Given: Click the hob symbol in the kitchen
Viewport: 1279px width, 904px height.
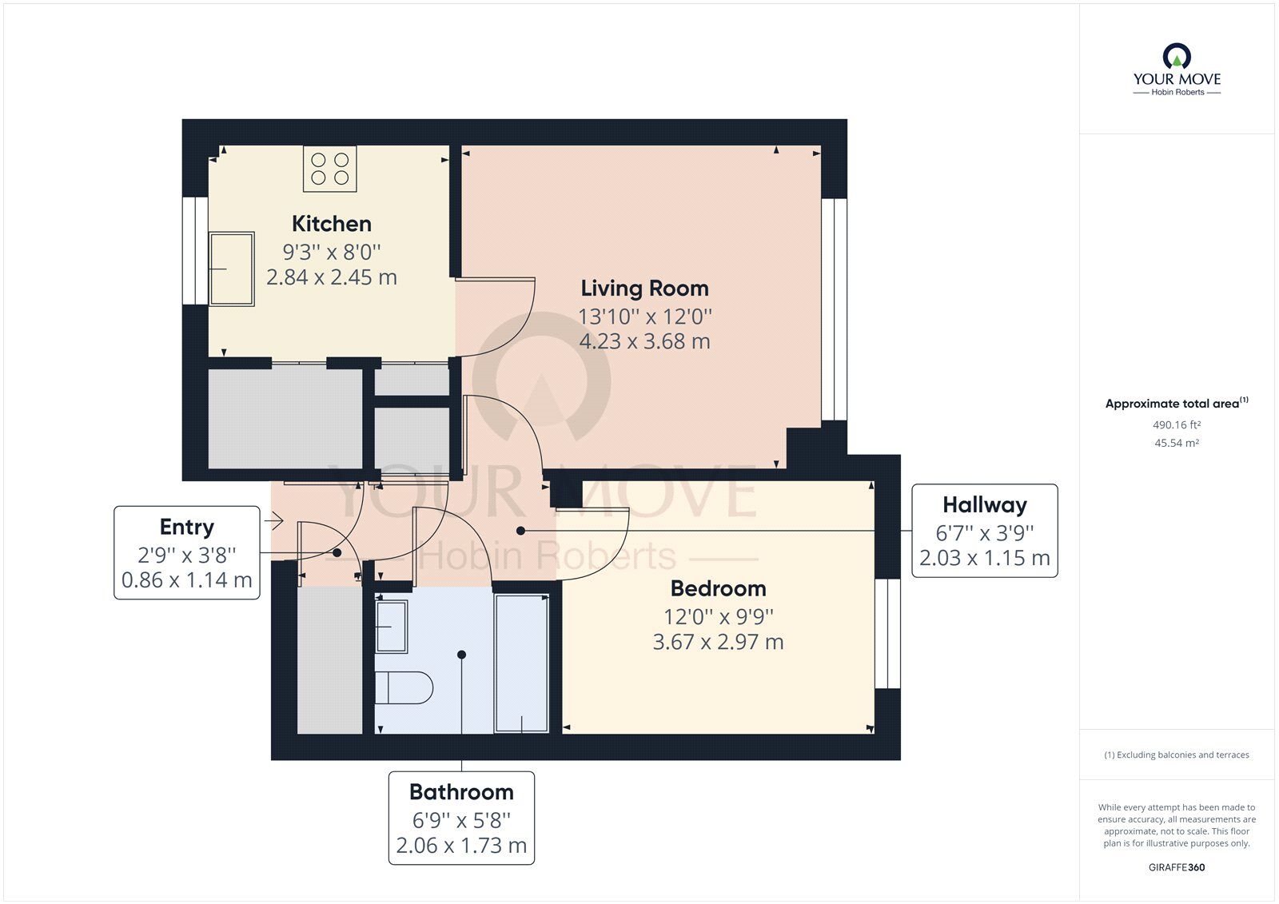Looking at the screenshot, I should (x=329, y=169).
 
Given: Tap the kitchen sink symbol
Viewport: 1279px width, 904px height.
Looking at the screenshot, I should (x=232, y=269).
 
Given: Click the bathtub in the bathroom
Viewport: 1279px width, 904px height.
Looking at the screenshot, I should (x=521, y=663).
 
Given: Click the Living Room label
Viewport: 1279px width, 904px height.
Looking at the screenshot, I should (x=644, y=289).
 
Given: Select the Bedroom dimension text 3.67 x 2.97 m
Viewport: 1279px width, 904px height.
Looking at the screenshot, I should (x=718, y=642).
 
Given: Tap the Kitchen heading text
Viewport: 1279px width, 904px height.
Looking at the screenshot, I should (x=331, y=224).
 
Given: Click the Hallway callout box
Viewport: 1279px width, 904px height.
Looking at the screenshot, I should (x=984, y=531).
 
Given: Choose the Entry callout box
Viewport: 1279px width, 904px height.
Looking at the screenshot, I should (x=187, y=553).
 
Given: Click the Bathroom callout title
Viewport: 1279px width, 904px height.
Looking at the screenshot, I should (x=461, y=792).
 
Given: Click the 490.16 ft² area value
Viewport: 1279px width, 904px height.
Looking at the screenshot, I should (x=1177, y=425).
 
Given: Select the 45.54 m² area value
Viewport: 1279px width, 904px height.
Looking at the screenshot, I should (x=1177, y=443).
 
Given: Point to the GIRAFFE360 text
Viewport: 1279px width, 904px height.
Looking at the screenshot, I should (x=1177, y=867).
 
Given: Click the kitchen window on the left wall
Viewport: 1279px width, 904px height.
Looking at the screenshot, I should (x=194, y=250).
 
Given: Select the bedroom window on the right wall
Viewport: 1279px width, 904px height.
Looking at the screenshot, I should (x=887, y=634).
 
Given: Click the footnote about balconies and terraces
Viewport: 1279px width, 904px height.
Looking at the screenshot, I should (x=1177, y=755).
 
